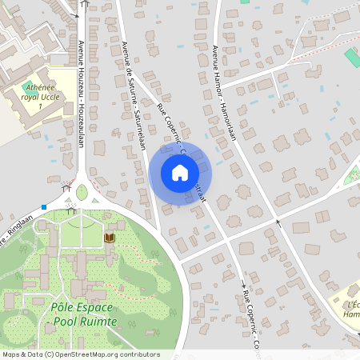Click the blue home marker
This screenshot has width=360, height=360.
click(179, 173)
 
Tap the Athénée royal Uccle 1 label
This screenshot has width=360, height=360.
click(39, 95)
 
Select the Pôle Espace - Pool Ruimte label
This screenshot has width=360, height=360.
click(83, 314)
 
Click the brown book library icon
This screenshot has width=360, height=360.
click(110, 238)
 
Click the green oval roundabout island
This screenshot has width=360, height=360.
click(82, 192)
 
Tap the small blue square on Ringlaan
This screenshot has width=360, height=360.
click(45, 206)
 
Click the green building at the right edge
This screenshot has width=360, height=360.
click(353, 58)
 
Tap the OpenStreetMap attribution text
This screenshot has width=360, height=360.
click(80, 354)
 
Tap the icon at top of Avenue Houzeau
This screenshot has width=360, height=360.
click(85, 3)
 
